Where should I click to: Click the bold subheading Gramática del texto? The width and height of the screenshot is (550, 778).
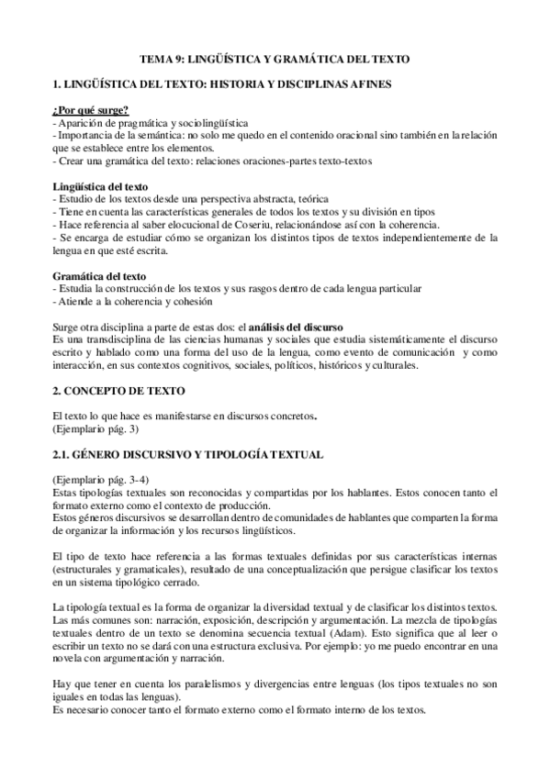(97, 276)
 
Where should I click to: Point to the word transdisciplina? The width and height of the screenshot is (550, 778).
(104, 339)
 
